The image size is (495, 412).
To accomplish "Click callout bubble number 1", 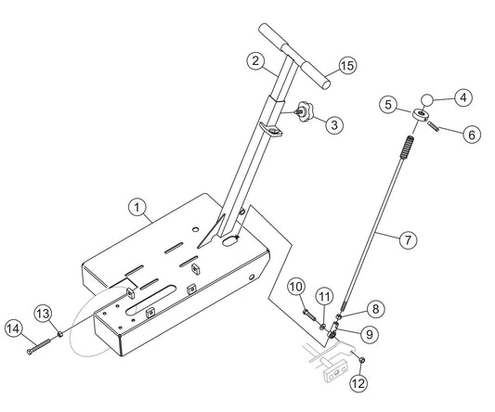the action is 137,207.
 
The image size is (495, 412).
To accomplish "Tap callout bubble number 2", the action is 255,61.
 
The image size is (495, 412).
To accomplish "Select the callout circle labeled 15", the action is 347,66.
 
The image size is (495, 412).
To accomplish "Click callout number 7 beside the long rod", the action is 409,240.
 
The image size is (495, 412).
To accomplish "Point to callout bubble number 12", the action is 358,383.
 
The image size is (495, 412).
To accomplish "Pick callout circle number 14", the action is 14,328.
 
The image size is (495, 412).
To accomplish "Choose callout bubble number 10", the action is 296,287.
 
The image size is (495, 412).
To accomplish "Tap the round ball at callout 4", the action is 426,100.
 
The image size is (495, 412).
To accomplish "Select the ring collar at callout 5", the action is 421,113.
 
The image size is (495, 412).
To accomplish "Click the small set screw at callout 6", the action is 434,126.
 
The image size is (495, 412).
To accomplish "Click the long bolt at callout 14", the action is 38,346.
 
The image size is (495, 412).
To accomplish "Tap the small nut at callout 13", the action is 59,333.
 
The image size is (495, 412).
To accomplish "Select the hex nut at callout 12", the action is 362,359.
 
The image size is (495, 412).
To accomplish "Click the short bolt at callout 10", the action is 310,315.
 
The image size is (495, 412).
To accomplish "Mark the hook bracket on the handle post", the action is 271,130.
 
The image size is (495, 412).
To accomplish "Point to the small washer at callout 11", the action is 322,327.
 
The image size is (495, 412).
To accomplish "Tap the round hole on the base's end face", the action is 252,277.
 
